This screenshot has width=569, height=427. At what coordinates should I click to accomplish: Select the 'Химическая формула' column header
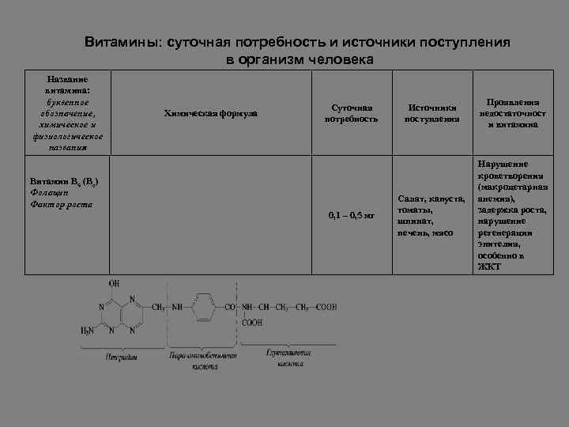tap(210, 113)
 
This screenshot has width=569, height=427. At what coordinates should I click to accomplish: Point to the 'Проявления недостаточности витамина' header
tap(513, 113)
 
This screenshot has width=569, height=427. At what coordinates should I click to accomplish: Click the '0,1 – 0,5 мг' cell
tap(351, 216)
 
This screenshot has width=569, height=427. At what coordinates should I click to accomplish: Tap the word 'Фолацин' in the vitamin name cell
tap(50, 192)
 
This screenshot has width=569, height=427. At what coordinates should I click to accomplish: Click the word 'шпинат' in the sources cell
tap(416, 221)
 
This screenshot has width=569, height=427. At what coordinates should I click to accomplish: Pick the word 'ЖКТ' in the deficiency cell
tap(489, 266)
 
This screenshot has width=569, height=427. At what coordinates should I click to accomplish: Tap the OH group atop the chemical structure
tap(114, 282)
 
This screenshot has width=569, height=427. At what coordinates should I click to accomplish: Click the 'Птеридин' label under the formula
tap(122, 357)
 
